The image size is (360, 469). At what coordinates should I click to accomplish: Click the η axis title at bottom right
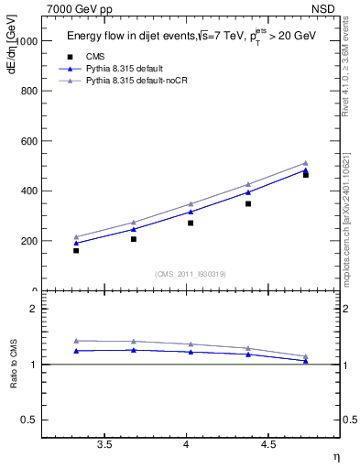(335, 457)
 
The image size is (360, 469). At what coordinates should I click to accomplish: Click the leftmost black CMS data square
(76, 250)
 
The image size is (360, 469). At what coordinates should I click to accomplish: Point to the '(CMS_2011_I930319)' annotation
(191, 274)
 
